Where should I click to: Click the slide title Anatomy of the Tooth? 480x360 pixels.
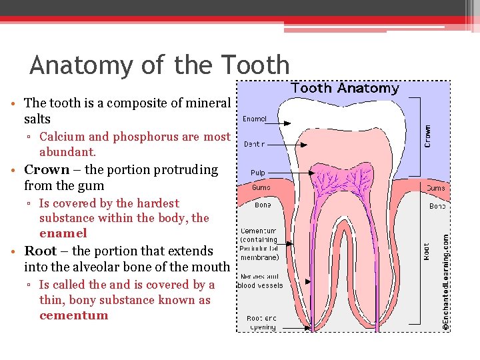[160, 65]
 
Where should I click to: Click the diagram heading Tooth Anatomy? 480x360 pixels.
[345, 88]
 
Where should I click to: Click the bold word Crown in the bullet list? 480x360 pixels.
[47, 170]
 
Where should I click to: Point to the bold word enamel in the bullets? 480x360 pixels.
[63, 233]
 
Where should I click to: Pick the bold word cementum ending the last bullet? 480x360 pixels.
[73, 315]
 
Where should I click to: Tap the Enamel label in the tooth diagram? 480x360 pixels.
[255, 119]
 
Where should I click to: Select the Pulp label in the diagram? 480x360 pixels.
[258, 173]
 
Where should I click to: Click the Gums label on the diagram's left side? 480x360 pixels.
[261, 188]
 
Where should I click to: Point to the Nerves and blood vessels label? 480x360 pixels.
[260, 281]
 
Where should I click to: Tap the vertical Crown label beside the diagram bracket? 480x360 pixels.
[427, 137]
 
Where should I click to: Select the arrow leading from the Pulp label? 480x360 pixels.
[300, 173]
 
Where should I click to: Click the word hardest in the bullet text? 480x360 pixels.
[157, 203]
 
